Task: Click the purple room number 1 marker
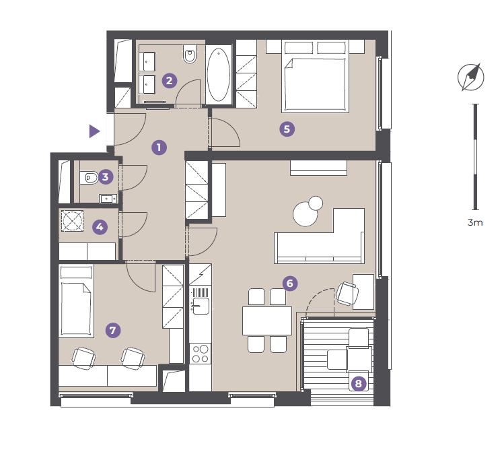click(159, 148)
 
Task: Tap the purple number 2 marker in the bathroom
click(170, 80)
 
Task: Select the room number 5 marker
click(287, 129)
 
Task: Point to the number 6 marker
click(290, 284)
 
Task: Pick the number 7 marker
click(113, 331)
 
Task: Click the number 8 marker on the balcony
click(358, 384)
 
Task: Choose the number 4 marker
click(100, 227)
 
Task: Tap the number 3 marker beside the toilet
click(106, 177)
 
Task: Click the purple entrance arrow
click(94, 131)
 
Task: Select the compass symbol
click(470, 77)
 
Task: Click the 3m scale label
click(475, 222)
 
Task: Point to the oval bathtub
click(218, 75)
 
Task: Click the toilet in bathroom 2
click(190, 54)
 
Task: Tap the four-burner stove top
click(200, 354)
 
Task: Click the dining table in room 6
click(267, 321)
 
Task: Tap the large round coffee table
click(305, 214)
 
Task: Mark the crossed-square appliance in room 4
click(73, 221)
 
